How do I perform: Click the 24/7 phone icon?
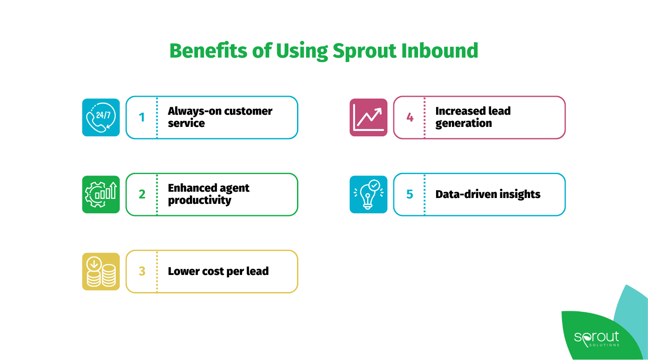tap(101, 117)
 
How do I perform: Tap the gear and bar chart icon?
tap(101, 194)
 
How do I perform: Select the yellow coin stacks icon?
tap(101, 271)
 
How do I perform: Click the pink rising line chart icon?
tap(369, 117)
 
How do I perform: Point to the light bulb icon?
tap(369, 194)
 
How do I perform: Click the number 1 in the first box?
tap(142, 117)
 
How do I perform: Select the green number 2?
tap(142, 194)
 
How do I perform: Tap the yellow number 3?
tap(142, 271)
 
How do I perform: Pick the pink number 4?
tap(409, 117)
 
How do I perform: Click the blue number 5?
tap(409, 194)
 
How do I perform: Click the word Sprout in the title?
tap(363, 51)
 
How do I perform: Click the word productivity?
tap(199, 201)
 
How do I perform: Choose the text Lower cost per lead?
tap(218, 271)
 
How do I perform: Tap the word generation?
tap(463, 124)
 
